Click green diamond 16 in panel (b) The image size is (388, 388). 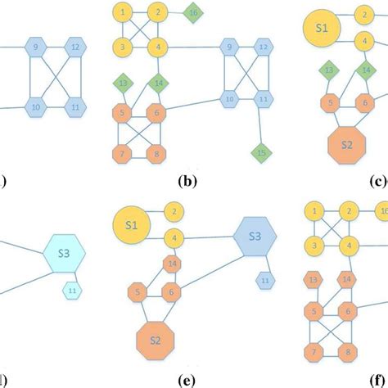coord(193,14)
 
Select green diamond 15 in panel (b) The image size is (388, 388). coord(261,151)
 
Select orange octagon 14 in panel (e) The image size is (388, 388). coord(172,264)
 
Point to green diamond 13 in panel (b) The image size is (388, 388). coord(124,83)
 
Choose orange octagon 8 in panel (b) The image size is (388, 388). coord(155,153)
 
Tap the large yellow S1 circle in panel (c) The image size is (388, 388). coord(322,29)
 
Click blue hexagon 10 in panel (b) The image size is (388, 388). coord(231,99)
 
